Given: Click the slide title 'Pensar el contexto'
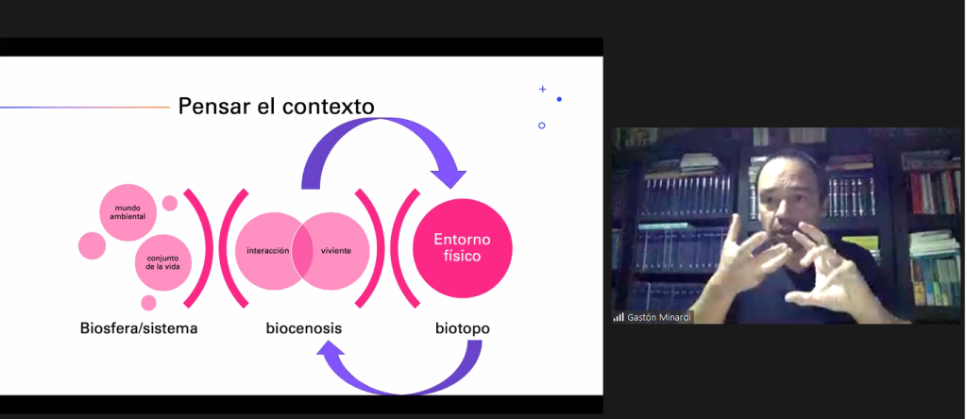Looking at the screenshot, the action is coord(276,107).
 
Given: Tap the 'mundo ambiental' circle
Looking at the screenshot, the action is coord(128,212).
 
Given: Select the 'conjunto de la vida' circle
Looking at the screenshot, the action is coord(163,262).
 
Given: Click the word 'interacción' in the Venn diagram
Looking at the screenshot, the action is coord(267,251).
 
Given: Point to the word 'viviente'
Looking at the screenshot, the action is coord(336,251).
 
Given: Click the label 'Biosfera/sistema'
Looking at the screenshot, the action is coord(139,328).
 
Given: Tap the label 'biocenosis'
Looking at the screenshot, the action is coord(303,328).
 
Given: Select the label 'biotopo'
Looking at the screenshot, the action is coord(463,328).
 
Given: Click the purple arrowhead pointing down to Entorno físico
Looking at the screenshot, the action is coord(449,175).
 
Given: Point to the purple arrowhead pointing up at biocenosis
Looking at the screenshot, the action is coord(330,352).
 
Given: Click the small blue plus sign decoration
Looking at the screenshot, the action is coord(543,90).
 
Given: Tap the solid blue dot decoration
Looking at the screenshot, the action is coord(559,99).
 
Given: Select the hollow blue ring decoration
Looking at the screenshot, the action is coord(541,126).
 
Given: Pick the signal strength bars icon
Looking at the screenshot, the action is coord(619,317).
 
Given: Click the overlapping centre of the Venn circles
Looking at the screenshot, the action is coord(303,252).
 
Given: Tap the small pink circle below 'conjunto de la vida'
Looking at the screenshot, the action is coord(148,303).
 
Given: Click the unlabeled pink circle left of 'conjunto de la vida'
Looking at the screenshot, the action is coord(92,245).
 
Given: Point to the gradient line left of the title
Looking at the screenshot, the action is coord(84,108).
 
